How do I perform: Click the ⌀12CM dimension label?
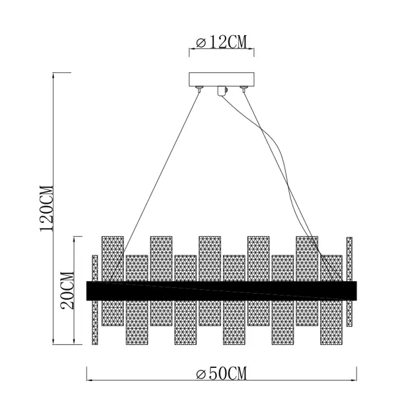221,42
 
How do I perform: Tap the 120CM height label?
46,208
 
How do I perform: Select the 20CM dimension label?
67,290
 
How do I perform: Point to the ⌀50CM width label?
221,373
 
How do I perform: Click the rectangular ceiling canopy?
222,79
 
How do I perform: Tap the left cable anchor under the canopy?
199,89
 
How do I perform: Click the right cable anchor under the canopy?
243,89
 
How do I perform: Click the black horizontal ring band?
222,290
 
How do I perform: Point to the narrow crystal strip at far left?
95,300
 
